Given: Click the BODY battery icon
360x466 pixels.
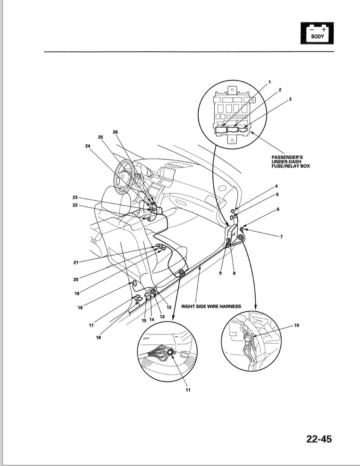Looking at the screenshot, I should pos(317,33).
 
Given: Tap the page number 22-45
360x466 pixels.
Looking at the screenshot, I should pos(319,439).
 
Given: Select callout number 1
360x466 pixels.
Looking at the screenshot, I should pos(269,82).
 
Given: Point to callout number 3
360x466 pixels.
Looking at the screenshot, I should pos(290,99).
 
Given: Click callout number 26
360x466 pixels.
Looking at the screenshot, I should pos(115,132).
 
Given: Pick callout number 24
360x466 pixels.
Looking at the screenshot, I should pos(88,145).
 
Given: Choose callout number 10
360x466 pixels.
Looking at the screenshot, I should pos(297,325).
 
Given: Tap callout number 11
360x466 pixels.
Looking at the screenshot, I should pos(188,390).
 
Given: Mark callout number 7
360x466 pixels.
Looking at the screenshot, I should pos(281,237).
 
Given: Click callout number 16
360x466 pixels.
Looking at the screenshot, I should pos(98,338).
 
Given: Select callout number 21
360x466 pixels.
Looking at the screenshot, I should pos(76,262).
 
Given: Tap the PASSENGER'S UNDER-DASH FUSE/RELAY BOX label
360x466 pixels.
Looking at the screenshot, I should pos(291,162).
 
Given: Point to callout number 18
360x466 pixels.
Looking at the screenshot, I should pos(80,307).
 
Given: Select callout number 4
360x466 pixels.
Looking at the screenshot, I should pos(276,186).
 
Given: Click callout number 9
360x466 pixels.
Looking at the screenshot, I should pos(220,273).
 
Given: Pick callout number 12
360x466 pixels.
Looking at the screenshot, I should pos(169,307).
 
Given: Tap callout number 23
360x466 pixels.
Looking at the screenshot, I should pos(75,197).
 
